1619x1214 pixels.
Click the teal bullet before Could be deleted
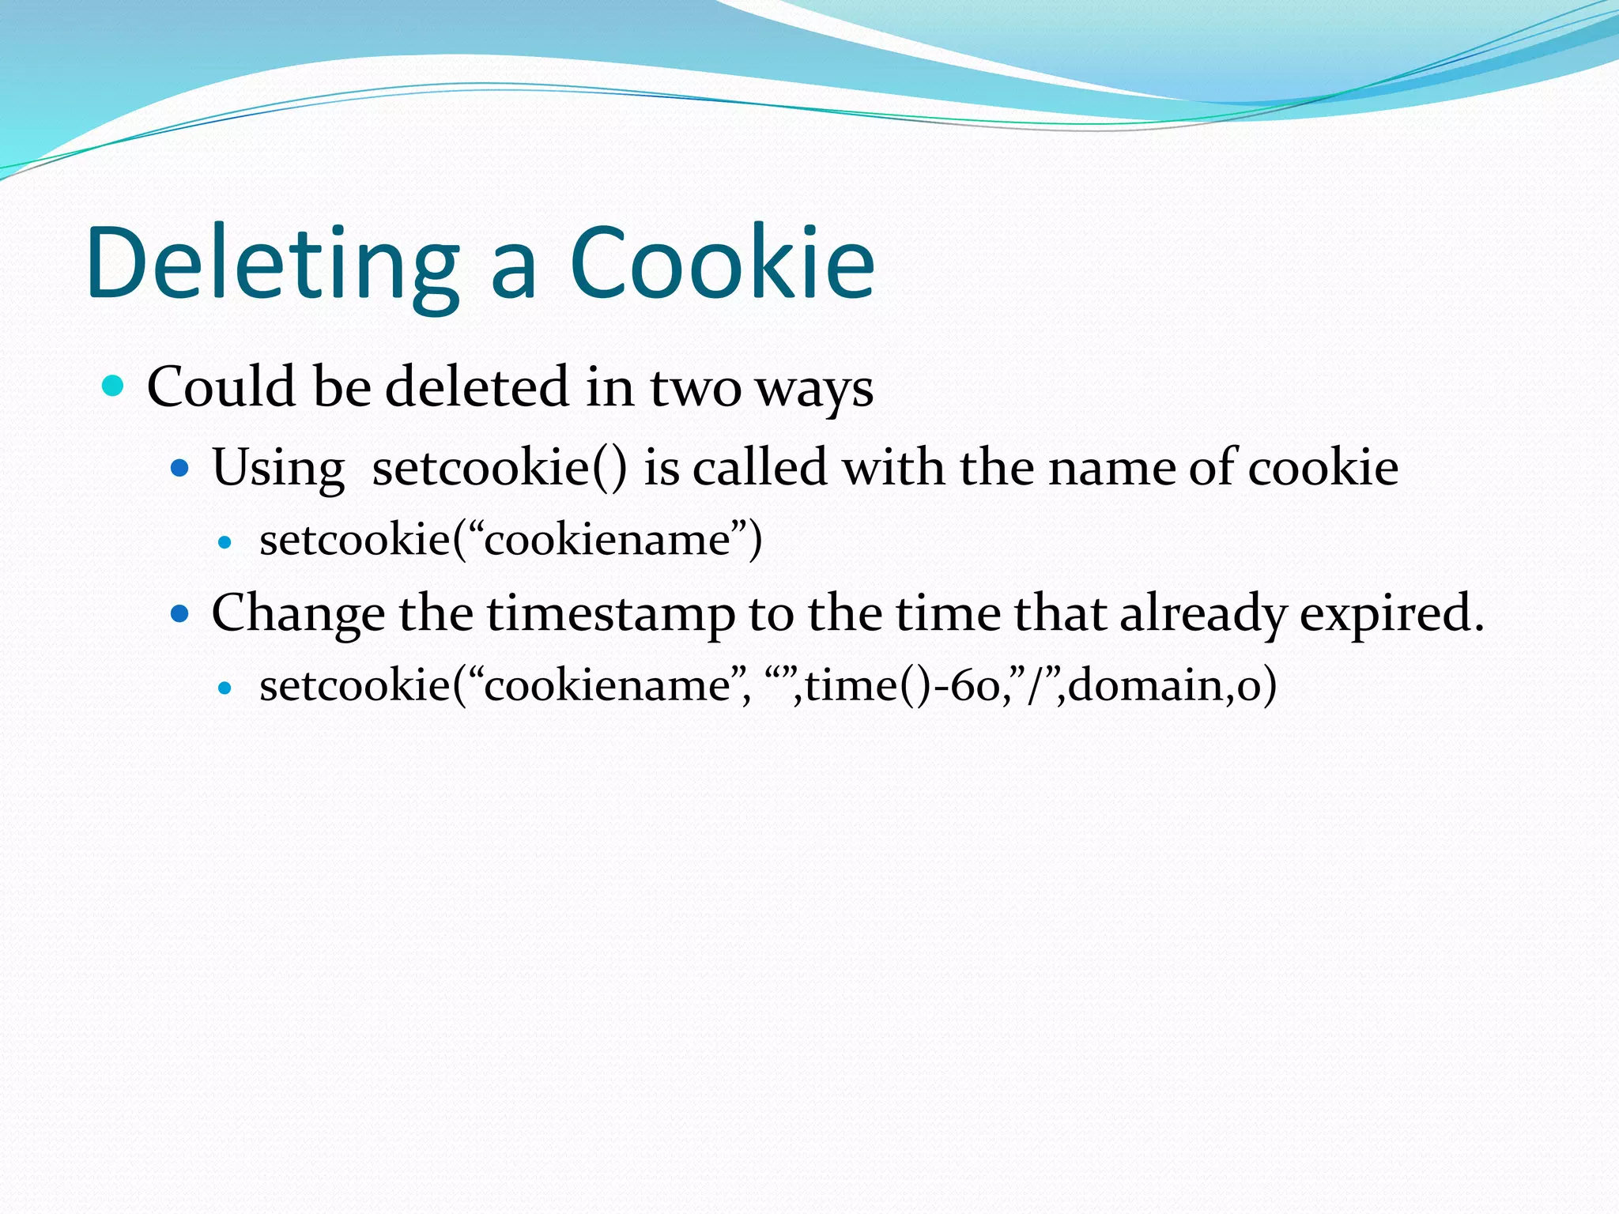click(x=114, y=386)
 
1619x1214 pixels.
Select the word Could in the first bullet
click(x=221, y=386)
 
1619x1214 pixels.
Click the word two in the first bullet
click(x=695, y=389)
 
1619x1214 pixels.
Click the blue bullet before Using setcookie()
click(x=180, y=468)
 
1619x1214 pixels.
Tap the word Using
click(x=278, y=468)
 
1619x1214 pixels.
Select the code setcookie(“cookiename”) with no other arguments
click(x=511, y=540)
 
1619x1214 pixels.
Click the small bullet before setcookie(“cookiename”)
click(x=225, y=542)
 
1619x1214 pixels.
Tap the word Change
click(x=298, y=614)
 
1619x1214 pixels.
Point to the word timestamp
click(x=610, y=614)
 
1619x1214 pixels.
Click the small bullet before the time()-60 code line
click(x=225, y=688)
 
